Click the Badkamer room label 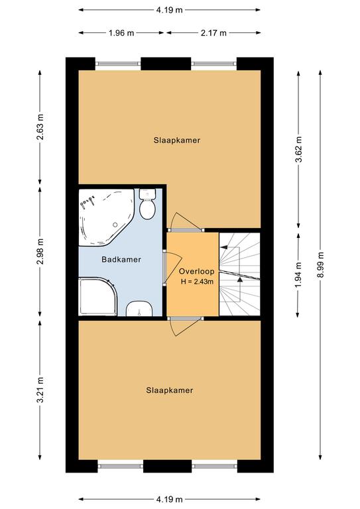121,259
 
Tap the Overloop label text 197,271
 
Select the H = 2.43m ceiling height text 197,282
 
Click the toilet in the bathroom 147,204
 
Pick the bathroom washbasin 139,309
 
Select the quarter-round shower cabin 97,296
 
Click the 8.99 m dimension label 320,265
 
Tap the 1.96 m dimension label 121,32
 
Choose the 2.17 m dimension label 213,32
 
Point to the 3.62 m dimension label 299,149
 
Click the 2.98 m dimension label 40,252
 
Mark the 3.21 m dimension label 40,390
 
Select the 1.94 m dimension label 299,274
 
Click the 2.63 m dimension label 40,127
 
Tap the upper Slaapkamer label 177,141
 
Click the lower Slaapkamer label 170,390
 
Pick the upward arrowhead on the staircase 240,279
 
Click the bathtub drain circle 115,225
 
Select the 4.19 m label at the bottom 170,499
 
